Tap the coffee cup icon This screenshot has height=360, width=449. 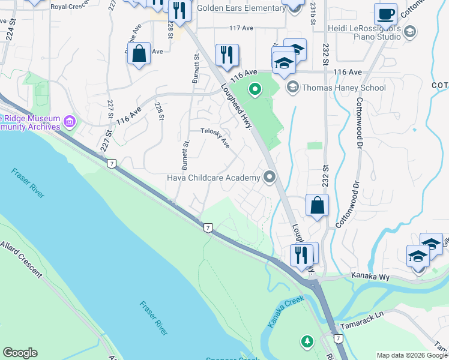click(385, 13)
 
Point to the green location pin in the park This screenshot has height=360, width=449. click(255, 91)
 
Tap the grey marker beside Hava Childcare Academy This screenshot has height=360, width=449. click(269, 177)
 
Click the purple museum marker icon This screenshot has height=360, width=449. click(70, 122)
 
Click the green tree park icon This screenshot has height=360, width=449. click(307, 341)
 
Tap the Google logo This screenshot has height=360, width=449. click(20, 353)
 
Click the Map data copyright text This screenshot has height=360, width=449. click(411, 355)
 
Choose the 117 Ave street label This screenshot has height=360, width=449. click(242, 28)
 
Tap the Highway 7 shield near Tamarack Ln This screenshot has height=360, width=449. click(339, 339)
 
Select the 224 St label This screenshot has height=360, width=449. click(10, 28)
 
